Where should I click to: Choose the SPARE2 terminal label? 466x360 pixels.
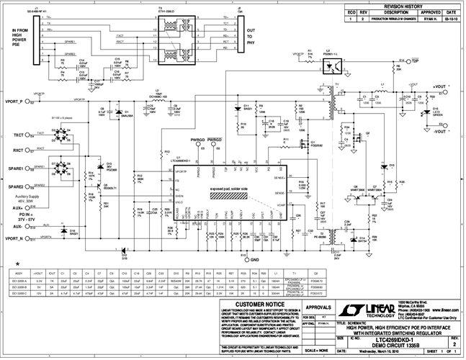tap(16, 186)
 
